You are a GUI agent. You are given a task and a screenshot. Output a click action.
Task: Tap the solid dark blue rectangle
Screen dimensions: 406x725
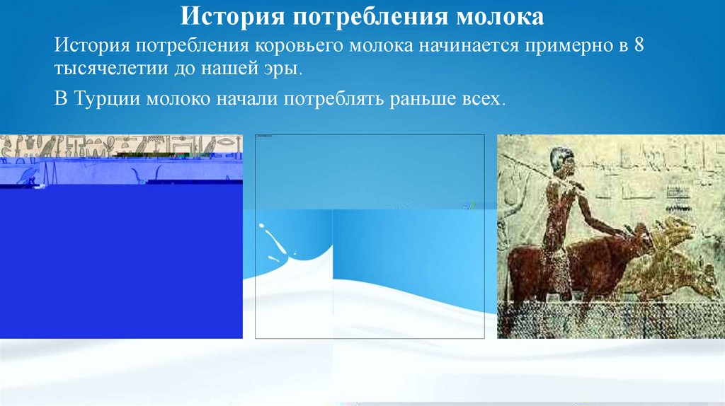(x=120, y=262)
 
